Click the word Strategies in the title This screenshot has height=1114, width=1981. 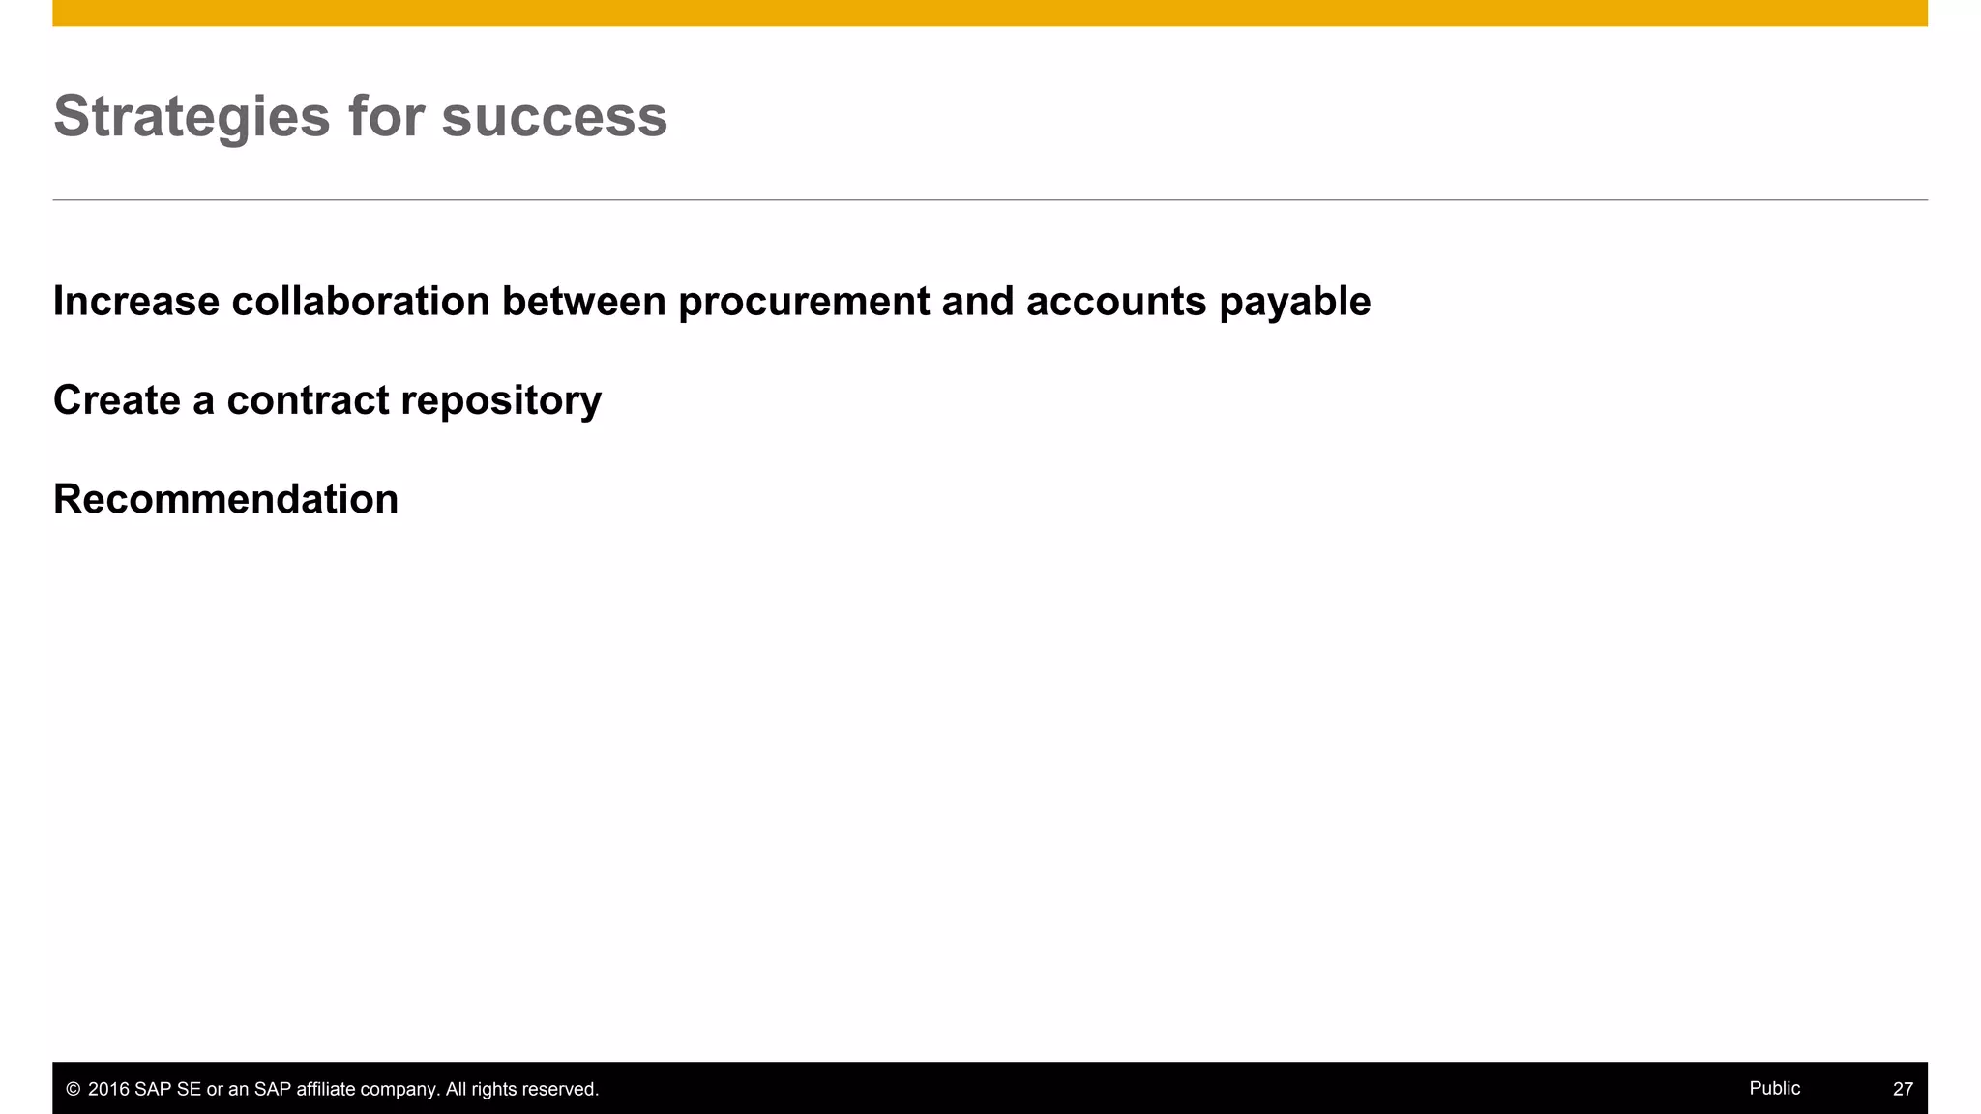(x=192, y=117)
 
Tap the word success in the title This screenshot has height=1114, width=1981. (x=554, y=117)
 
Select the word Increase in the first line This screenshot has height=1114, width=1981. (x=136, y=302)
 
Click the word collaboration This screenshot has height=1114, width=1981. (x=361, y=302)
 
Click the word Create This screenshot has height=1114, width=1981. (x=116, y=400)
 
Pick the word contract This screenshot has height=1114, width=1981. (x=308, y=400)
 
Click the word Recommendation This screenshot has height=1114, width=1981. (x=225, y=500)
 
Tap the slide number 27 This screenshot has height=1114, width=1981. (x=1903, y=1089)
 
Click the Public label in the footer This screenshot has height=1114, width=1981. (x=1774, y=1088)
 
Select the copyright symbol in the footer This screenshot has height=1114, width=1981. (x=73, y=1090)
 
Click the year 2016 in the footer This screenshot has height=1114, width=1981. (x=108, y=1090)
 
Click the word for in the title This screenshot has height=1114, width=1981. (x=386, y=117)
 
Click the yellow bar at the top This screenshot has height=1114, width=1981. (x=990, y=13)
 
